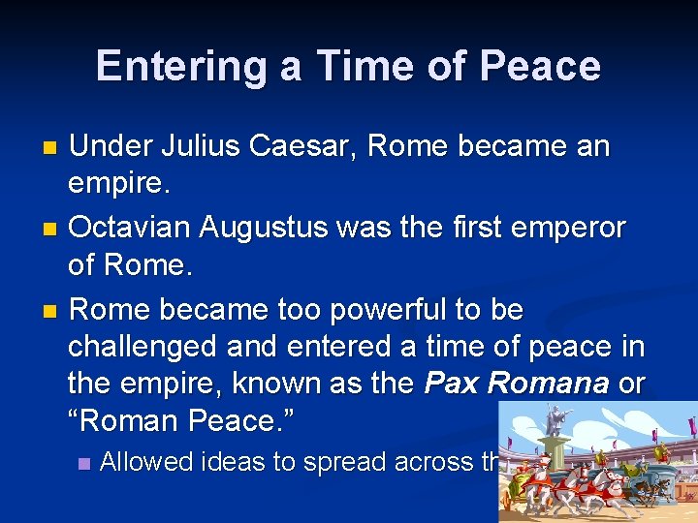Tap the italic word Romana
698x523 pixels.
pos(548,384)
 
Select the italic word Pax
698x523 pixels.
pos(452,384)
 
